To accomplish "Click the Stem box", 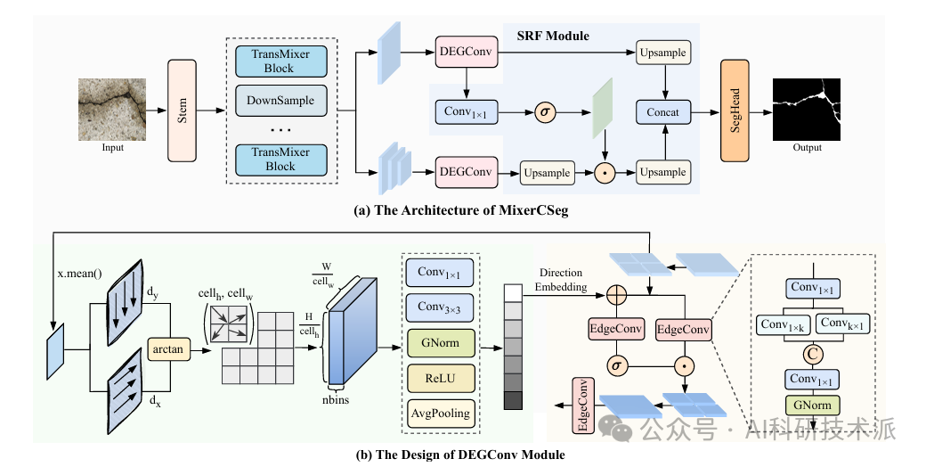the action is pos(182,111).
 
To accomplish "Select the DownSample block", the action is pos(280,101).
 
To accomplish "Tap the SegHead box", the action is pos(735,111).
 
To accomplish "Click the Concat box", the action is pos(662,111).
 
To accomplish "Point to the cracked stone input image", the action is pos(112,110).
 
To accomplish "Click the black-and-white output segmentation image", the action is pos(807,110).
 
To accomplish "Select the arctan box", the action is pos(167,349).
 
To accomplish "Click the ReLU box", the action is pos(441,379).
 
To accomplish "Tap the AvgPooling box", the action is pos(441,414).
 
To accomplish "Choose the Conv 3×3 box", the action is pos(441,307).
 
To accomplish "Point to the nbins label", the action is pos(336,399).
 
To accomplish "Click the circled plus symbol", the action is pos(616,294).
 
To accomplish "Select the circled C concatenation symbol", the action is pos(813,354).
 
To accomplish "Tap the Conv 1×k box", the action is pos(783,324).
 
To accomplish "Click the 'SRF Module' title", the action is pos(553,36).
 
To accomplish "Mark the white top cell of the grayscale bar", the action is pos(513,293).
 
